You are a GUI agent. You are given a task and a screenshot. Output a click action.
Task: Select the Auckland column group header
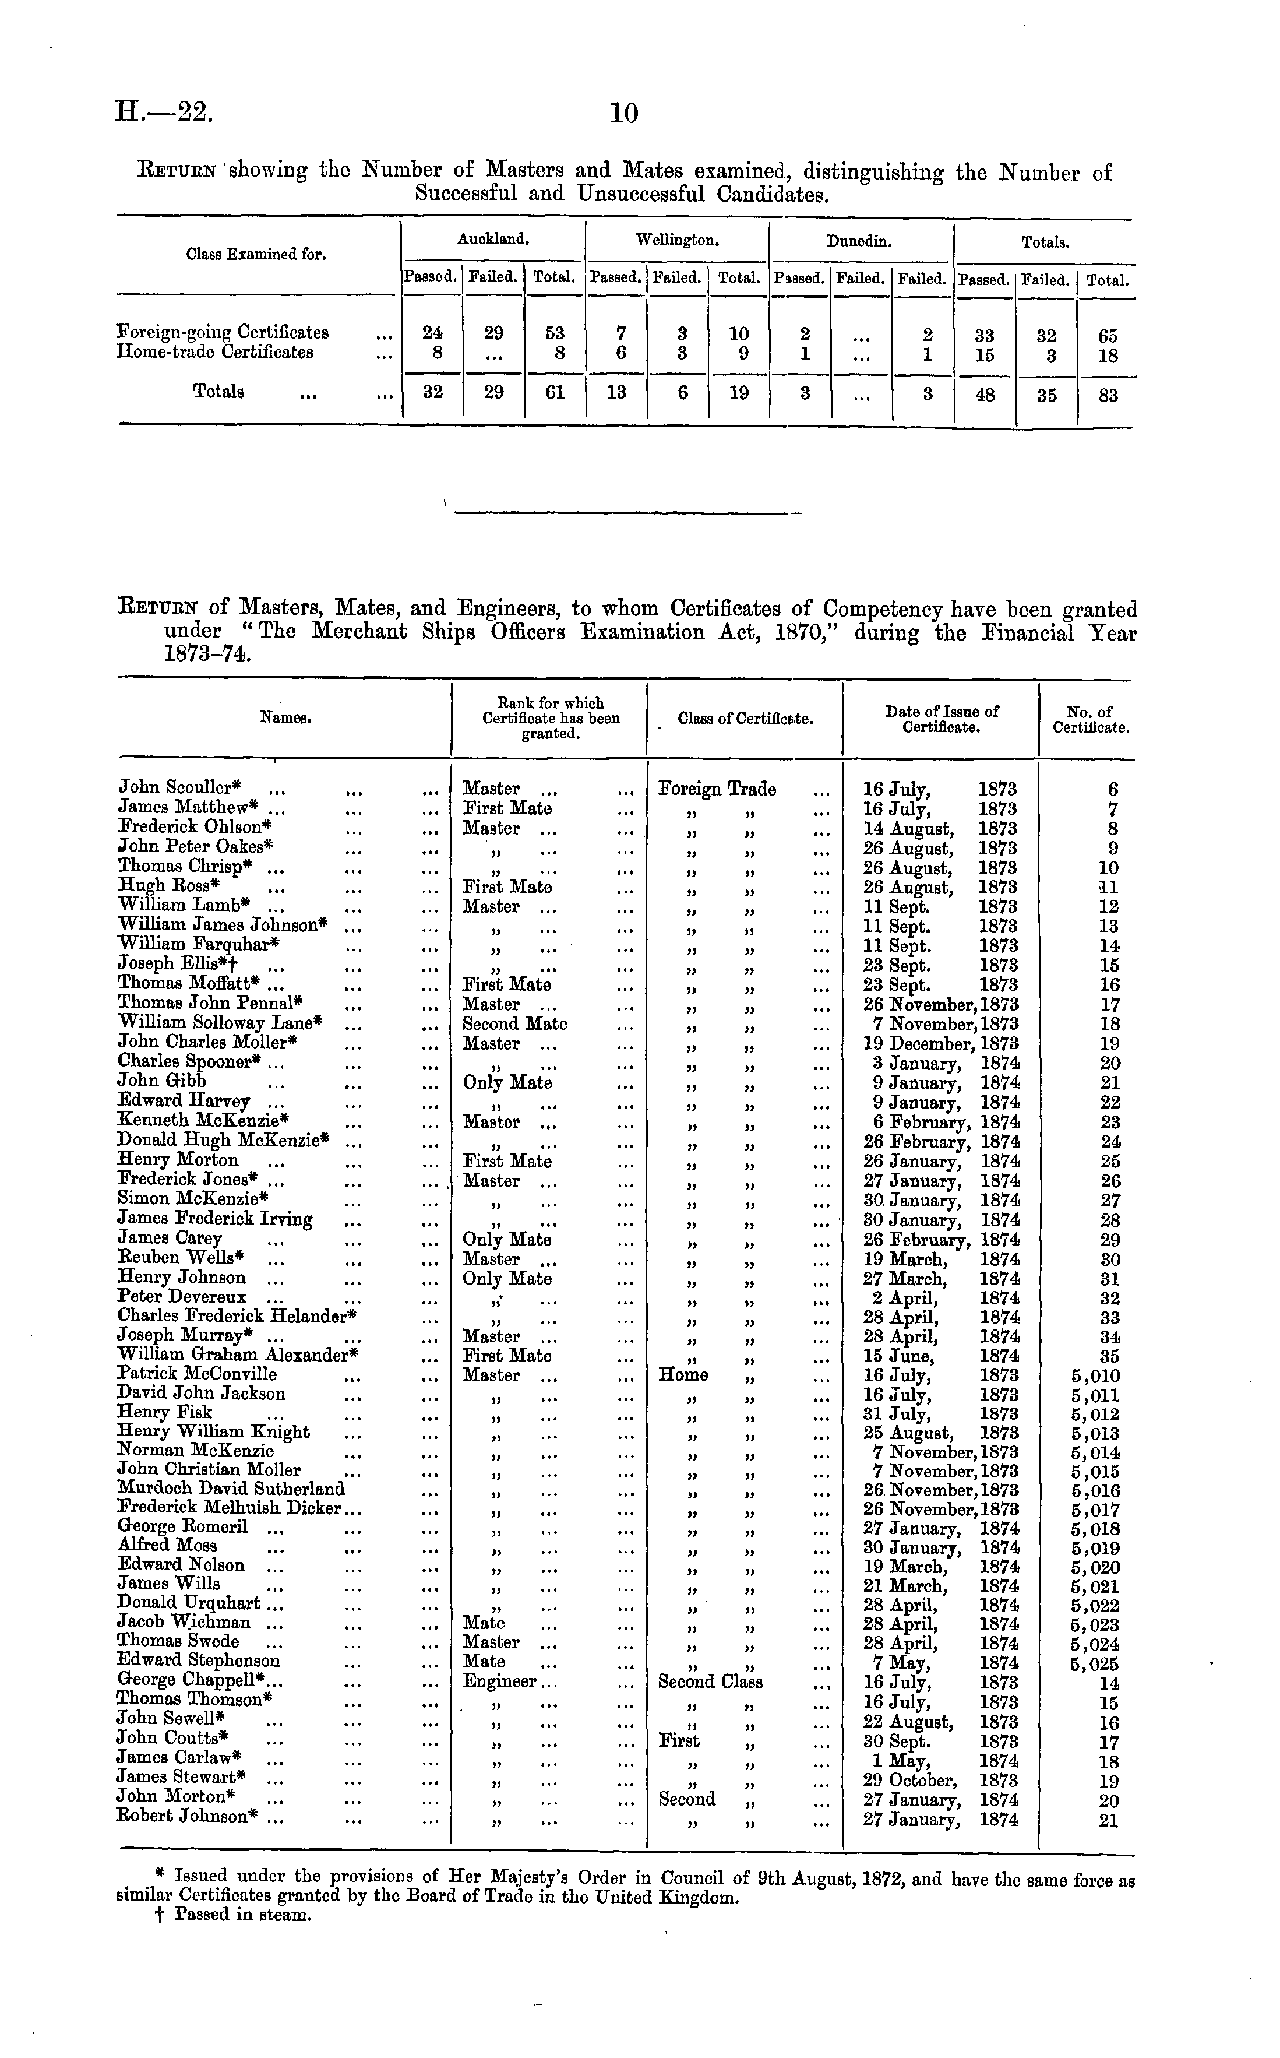493,240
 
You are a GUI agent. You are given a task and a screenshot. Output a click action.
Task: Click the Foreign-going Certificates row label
223,332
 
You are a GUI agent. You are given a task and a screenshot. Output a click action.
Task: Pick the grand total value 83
1108,395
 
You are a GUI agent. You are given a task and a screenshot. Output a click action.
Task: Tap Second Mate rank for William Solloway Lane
514,1023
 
